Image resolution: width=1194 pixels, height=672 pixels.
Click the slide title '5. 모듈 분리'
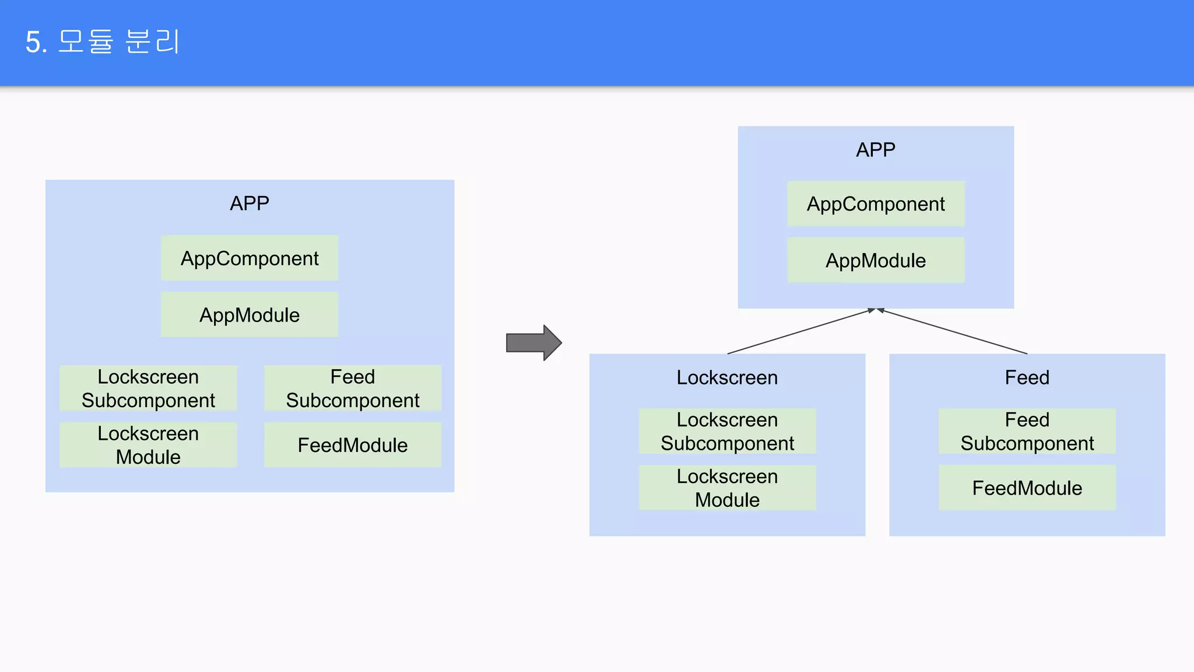(x=102, y=42)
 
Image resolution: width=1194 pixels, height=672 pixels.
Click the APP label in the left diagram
(x=250, y=204)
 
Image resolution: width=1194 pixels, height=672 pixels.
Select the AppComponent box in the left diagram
(x=250, y=258)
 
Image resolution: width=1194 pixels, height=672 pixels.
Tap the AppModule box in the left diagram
(x=250, y=315)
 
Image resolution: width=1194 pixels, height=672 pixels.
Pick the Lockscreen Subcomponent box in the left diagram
(x=148, y=388)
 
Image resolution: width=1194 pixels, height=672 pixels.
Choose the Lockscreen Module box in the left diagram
(x=148, y=445)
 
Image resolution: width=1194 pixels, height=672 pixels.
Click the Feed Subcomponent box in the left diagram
(x=353, y=388)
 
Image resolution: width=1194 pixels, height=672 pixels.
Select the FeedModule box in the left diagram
(x=353, y=445)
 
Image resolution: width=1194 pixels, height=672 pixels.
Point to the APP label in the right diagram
(x=876, y=150)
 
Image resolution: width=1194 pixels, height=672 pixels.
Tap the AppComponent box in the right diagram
(x=876, y=204)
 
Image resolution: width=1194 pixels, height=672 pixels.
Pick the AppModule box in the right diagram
(x=876, y=261)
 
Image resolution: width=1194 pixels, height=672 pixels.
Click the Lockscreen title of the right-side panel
(x=727, y=377)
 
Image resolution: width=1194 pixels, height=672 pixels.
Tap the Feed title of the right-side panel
(x=1027, y=377)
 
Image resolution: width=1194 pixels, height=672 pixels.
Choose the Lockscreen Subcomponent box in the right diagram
(x=727, y=432)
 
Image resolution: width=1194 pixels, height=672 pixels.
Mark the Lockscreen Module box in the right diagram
(x=727, y=488)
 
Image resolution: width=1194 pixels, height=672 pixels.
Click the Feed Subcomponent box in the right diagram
(x=1027, y=432)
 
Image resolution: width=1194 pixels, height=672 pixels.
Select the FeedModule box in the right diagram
(x=1027, y=488)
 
